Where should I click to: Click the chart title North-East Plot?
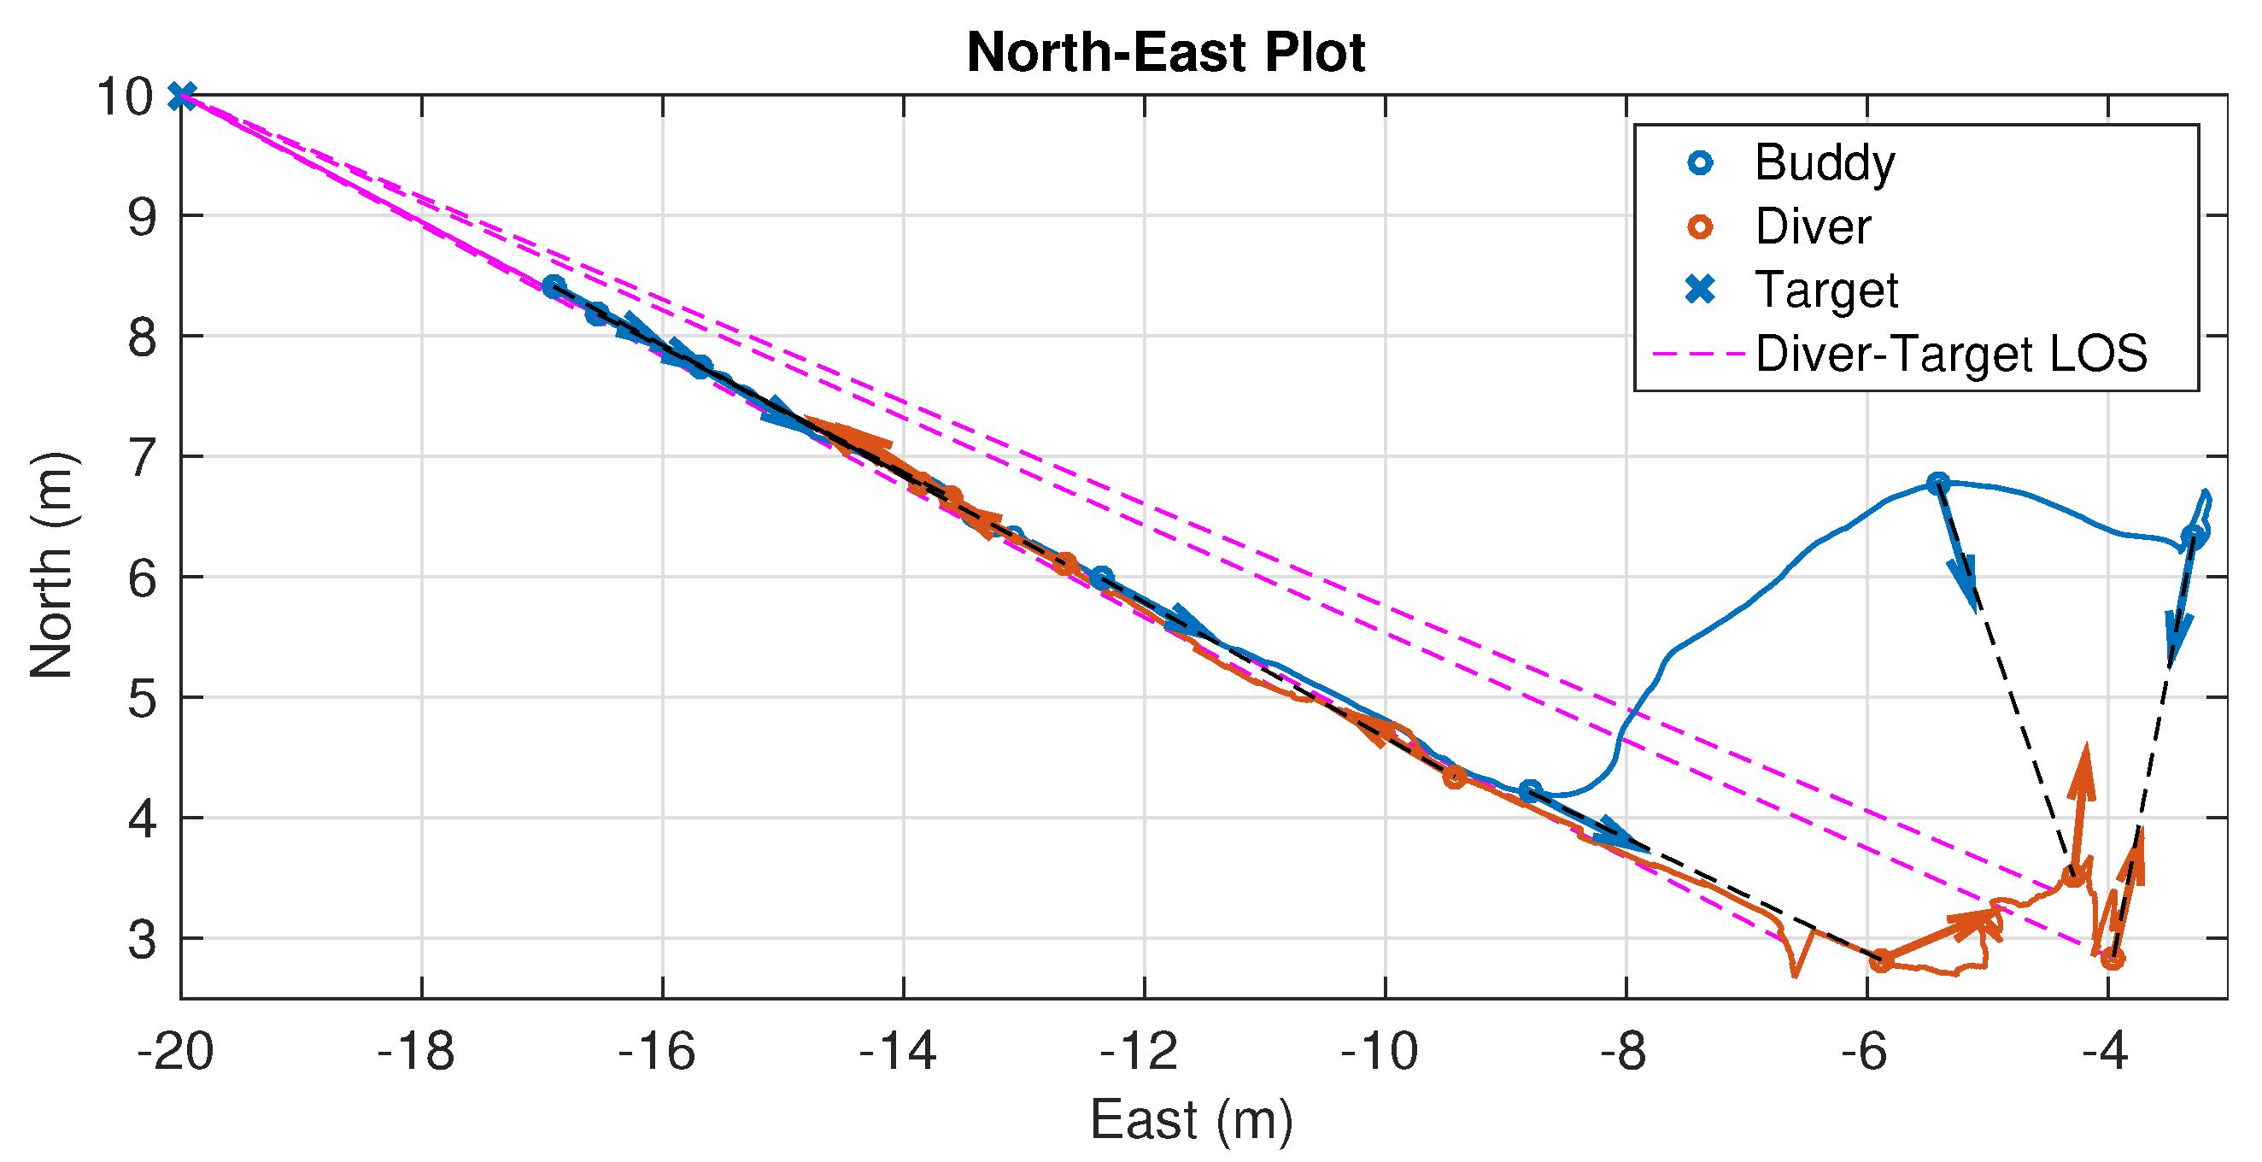click(1165, 53)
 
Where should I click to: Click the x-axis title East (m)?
click(1191, 1121)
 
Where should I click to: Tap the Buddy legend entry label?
click(1825, 163)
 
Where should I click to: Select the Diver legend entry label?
click(1813, 227)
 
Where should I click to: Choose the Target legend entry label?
click(1826, 290)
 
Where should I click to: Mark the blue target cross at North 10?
click(182, 96)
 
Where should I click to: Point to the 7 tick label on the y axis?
click(143, 458)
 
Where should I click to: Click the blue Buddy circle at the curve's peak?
click(1938, 483)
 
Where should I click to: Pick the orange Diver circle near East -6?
click(1880, 961)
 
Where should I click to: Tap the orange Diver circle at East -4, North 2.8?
click(2113, 960)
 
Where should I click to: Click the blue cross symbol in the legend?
click(1701, 290)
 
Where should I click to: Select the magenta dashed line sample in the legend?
click(1697, 354)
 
